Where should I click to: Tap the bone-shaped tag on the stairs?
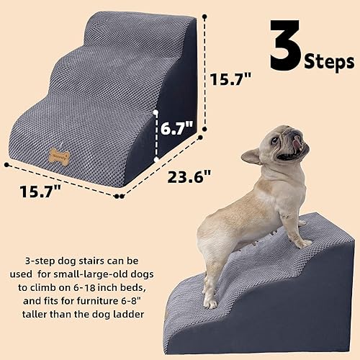point(60,153)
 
